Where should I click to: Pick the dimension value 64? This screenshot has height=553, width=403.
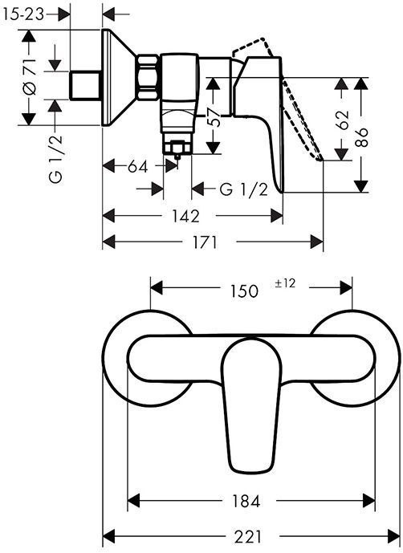(x=138, y=167)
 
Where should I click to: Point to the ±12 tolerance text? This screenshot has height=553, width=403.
(x=287, y=283)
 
